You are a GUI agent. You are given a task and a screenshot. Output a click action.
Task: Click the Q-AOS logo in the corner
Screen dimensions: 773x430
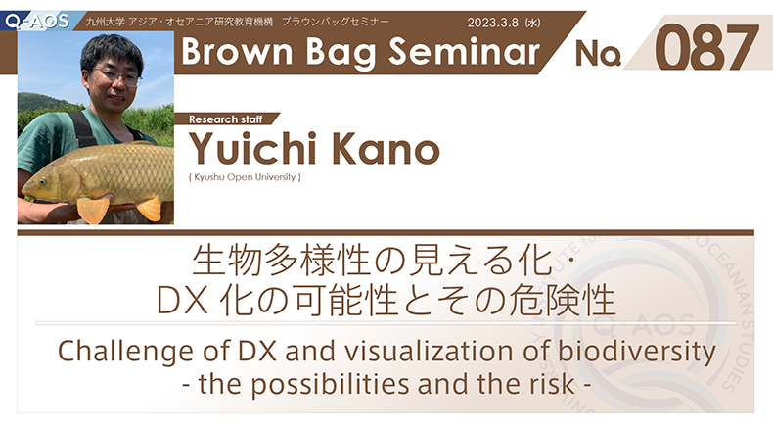(37, 21)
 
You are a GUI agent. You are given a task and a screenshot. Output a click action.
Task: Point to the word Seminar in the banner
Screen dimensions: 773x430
(464, 52)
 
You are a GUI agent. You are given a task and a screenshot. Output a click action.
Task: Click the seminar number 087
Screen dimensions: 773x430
(705, 47)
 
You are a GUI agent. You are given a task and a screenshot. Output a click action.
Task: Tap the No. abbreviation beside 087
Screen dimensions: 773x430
(598, 53)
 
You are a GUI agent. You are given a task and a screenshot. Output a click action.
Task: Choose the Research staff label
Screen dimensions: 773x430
(225, 119)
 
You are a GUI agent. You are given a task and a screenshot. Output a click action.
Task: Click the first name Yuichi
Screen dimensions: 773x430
(252, 148)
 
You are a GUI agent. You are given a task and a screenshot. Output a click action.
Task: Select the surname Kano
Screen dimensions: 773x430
(385, 148)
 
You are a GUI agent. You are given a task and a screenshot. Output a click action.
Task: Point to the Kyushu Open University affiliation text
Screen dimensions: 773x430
(245, 177)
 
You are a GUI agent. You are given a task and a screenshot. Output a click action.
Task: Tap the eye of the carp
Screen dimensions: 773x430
(43, 181)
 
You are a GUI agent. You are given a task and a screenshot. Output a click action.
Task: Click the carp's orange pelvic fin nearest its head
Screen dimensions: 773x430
(93, 210)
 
